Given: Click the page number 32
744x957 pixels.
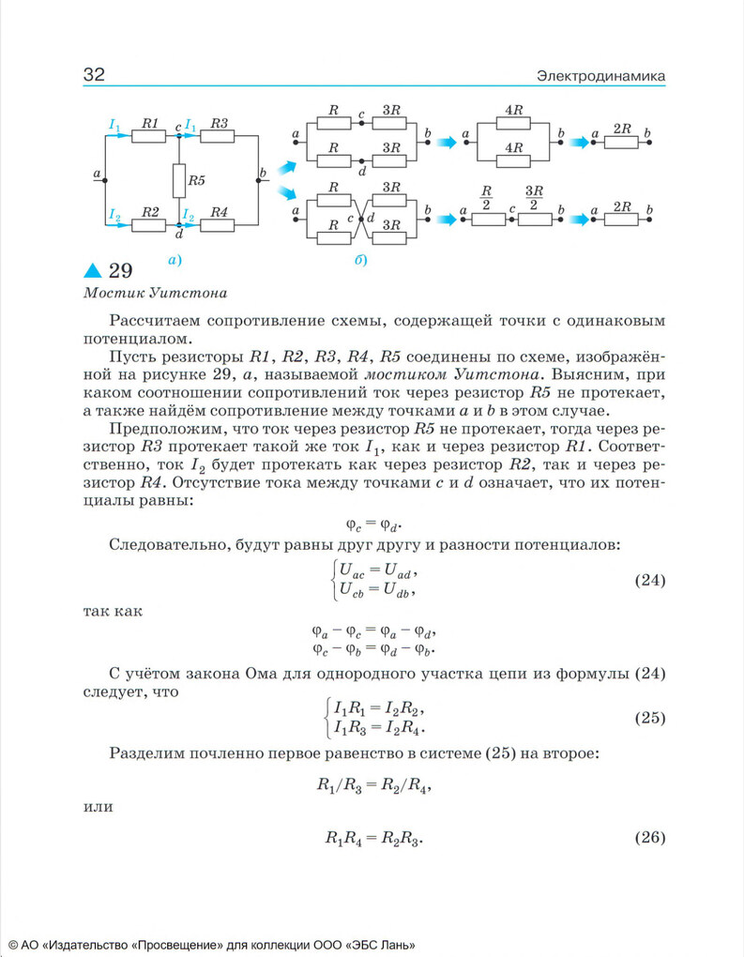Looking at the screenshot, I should (94, 75).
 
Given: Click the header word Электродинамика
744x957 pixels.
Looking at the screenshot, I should (600, 75).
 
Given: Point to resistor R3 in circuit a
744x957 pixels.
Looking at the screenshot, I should (218, 136).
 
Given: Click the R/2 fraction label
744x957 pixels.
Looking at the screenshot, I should (487, 200).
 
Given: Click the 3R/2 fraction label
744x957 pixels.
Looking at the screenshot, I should (534, 200).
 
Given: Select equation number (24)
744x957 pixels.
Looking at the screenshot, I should (650, 580).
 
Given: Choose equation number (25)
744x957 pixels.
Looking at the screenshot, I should (650, 719).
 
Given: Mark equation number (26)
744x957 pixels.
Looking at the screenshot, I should (650, 837).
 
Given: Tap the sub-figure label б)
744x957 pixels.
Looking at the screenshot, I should (360, 259).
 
